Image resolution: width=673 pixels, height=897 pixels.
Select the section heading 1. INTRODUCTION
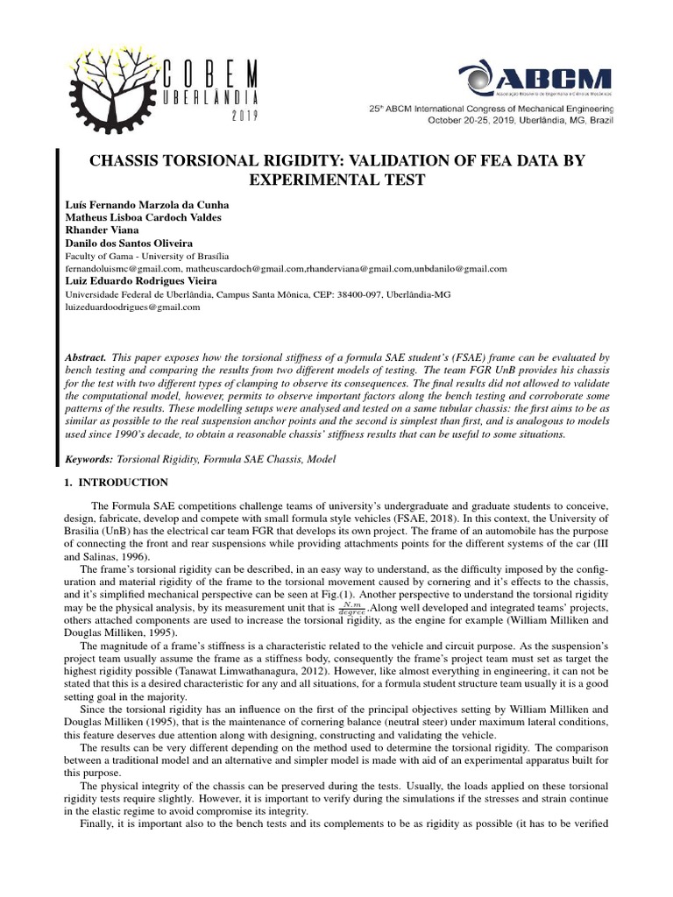tap(117, 483)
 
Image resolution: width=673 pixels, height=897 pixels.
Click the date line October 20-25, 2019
tap(521, 121)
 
